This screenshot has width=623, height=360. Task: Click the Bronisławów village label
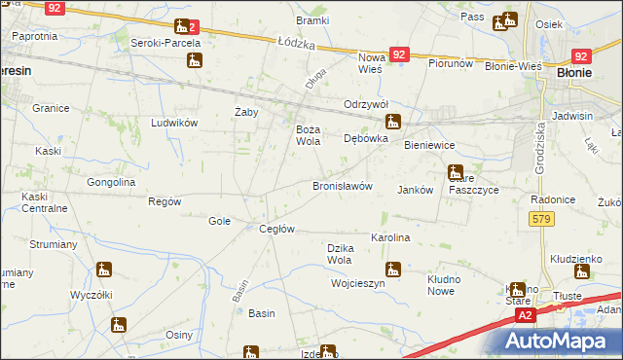[x=342, y=186]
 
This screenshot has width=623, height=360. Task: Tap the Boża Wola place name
[x=308, y=135]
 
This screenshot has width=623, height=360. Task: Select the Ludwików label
[x=174, y=123]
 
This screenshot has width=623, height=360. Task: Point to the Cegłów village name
[x=276, y=230]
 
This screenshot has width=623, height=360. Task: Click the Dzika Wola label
[x=339, y=254]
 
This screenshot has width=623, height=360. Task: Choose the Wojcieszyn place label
[x=358, y=284]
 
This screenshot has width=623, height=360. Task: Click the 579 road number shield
[x=543, y=220]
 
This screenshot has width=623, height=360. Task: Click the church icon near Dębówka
[x=393, y=123]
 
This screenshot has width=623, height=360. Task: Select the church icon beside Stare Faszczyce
[x=455, y=173]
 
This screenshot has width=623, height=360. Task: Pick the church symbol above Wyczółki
[x=104, y=270]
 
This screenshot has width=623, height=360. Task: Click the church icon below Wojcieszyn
[x=328, y=353]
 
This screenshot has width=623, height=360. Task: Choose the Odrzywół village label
[x=366, y=105]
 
